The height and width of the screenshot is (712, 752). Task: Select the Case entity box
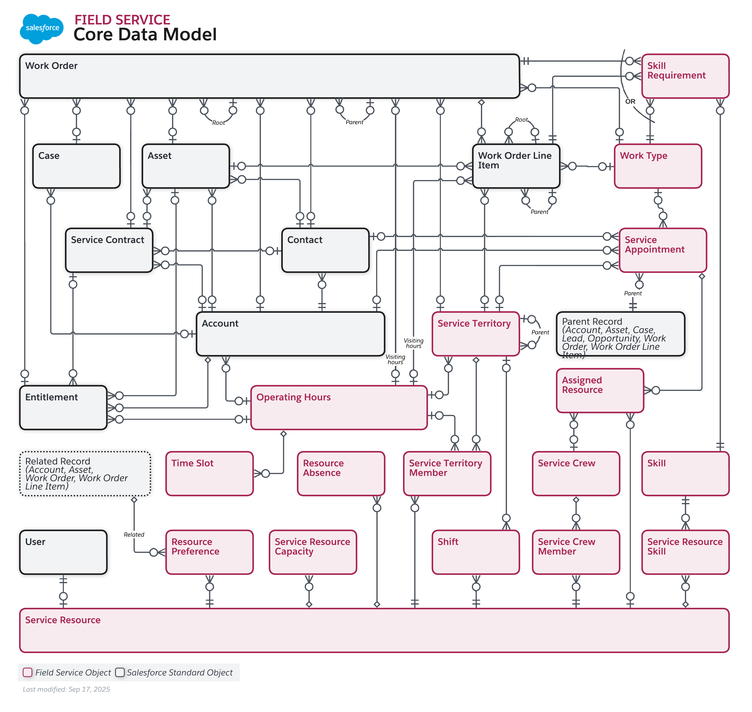pos(76,166)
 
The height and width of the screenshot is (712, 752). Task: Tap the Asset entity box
pos(185,166)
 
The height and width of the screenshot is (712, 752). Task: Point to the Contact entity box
pos(325,250)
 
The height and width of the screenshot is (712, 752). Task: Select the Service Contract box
pos(109,250)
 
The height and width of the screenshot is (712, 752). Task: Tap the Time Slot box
pos(209,474)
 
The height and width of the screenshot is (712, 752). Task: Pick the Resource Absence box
pos(341,474)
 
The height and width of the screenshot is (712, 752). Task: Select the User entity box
pos(63,552)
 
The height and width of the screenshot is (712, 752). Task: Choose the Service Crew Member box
pos(576,552)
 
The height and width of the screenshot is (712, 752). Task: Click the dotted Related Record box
pos(85,474)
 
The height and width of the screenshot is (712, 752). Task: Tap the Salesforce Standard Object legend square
pos(120,673)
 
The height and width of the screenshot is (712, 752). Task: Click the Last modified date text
pos(66,690)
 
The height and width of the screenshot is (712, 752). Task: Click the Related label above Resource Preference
pos(134,535)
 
